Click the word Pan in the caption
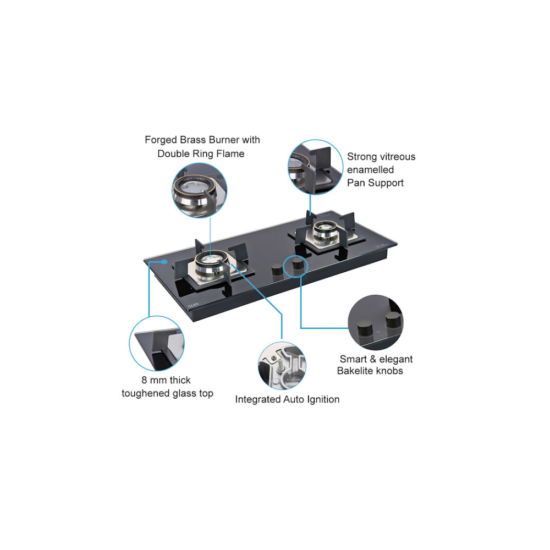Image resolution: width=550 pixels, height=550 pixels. pyautogui.click(x=356, y=183)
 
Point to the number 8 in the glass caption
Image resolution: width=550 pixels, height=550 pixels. pyautogui.click(x=144, y=380)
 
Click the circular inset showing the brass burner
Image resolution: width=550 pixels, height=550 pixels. pyautogui.click(x=199, y=190)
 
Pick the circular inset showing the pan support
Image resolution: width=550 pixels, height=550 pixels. pyautogui.click(x=315, y=167)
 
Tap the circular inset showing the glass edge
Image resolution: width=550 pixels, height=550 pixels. pyautogui.click(x=157, y=343)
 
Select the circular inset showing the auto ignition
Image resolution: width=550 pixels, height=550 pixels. pyautogui.click(x=282, y=366)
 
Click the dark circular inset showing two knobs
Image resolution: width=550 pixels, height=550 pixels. pyautogui.click(x=376, y=322)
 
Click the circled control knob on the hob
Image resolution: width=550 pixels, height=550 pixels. pyautogui.click(x=298, y=263)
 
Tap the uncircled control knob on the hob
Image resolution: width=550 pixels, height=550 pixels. pyautogui.click(x=277, y=270)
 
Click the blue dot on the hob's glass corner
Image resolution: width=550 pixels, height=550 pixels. pyautogui.click(x=164, y=262)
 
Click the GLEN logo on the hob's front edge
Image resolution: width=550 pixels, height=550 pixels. pyautogui.click(x=193, y=305)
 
